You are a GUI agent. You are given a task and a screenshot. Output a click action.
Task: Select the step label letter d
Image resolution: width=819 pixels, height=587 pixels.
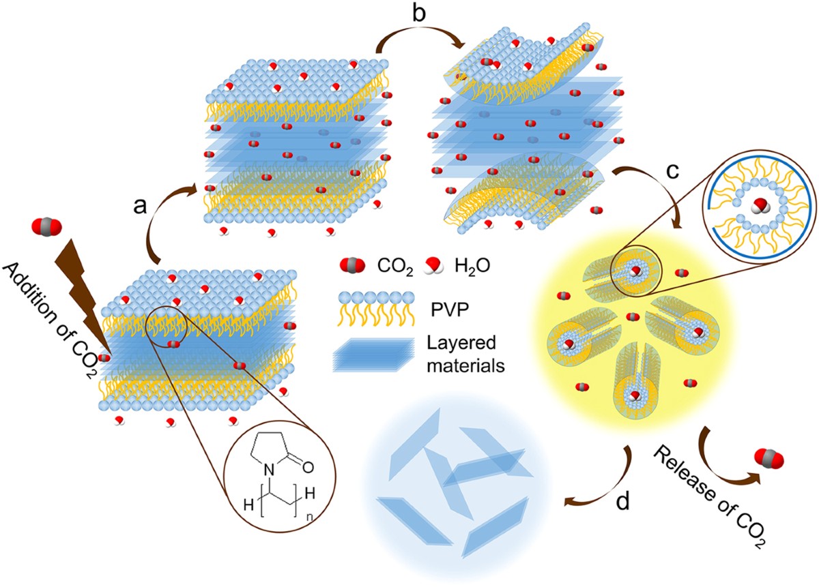pos(623,503)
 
